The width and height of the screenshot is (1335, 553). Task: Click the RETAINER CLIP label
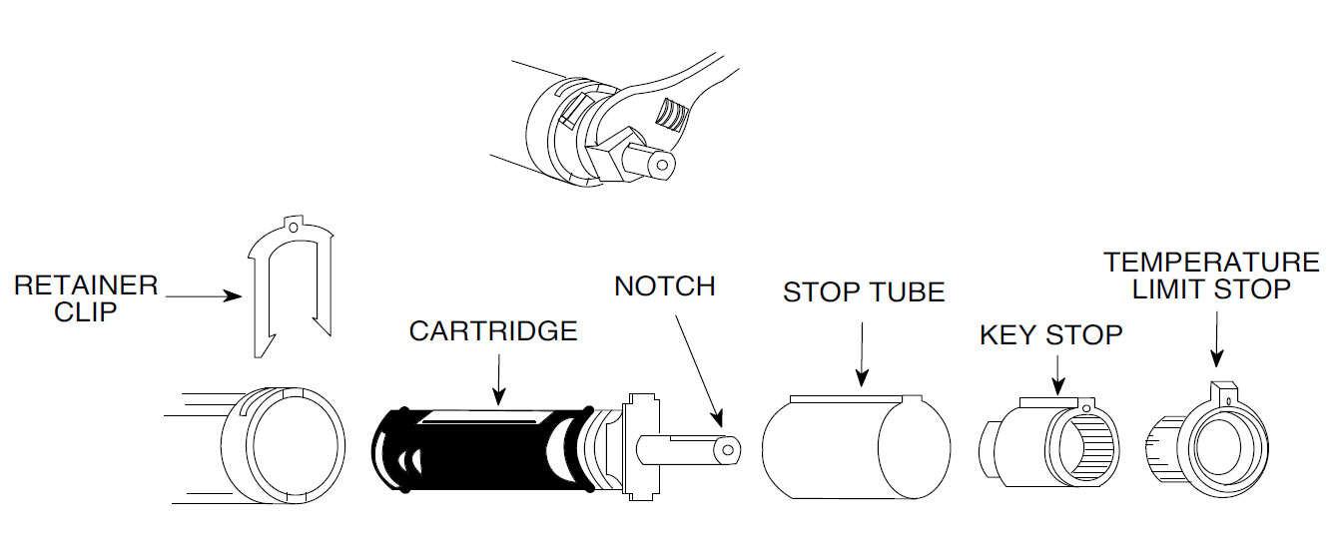pos(86,297)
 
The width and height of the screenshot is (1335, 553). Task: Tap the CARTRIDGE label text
pos(493,330)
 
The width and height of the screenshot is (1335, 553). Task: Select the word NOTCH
pos(665,285)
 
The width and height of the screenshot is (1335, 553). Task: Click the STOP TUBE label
pos(864,292)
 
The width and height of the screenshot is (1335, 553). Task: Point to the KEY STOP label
pos(1050,335)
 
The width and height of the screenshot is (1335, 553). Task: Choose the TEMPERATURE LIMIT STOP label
pos(1210,276)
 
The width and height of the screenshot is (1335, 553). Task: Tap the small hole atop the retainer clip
pos(293,229)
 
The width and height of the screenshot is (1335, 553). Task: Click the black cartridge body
pos(479,449)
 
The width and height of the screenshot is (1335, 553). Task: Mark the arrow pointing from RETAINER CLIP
pos(205,296)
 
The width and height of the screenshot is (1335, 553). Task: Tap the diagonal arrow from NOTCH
pos(699,369)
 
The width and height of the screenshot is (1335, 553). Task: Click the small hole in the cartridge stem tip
pos(729,450)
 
